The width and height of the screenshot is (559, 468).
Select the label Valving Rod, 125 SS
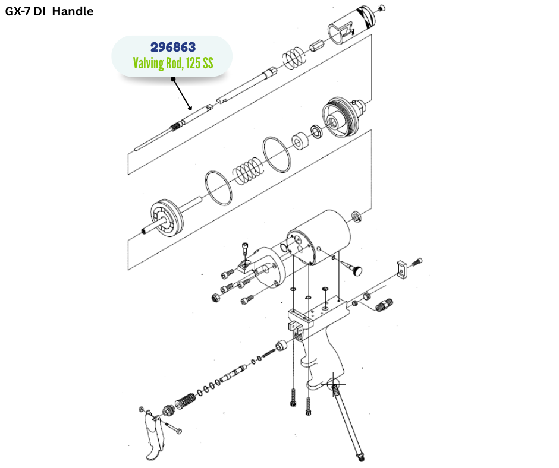[172, 63]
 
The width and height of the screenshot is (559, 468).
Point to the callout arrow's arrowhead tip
[190, 109]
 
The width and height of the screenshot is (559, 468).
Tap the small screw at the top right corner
[381, 7]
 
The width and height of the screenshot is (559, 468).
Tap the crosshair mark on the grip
[334, 383]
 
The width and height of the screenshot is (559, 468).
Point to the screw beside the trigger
[172, 428]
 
